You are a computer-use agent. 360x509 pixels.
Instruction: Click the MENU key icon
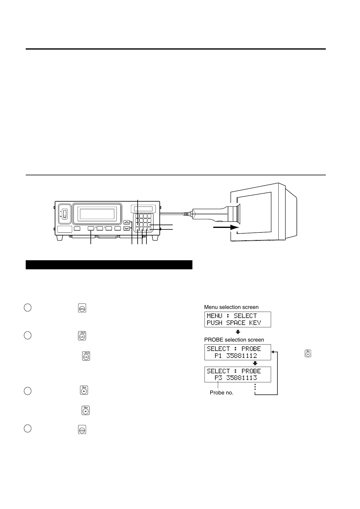tap(82, 308)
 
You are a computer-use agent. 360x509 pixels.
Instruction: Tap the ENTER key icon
tap(82, 430)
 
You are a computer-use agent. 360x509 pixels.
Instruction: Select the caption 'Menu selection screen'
tap(231, 307)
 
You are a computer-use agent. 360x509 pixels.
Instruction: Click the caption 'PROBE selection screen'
tap(234, 340)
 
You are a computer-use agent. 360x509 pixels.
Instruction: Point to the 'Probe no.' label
tap(221, 393)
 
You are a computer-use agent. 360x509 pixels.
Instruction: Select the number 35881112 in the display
tap(242, 356)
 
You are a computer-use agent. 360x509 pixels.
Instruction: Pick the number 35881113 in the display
tap(242, 378)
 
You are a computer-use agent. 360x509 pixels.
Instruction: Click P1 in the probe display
tap(219, 356)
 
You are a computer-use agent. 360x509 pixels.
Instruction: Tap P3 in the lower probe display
tap(219, 378)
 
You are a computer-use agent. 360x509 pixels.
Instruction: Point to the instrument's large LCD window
tap(97, 213)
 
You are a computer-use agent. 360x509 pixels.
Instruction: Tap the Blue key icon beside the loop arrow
tap(308, 353)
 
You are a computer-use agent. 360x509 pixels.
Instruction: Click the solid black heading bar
tap(109, 265)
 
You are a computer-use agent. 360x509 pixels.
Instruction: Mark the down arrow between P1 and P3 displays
tap(255, 363)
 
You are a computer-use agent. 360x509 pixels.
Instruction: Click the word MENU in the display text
tap(214, 316)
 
